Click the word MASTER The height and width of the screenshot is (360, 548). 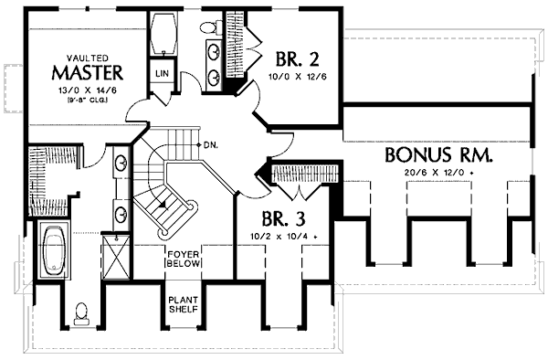click(x=87, y=70)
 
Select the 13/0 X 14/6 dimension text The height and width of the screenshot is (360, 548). click(x=88, y=89)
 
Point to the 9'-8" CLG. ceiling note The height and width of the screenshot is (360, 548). click(x=88, y=100)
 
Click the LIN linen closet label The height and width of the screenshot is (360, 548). click(x=163, y=72)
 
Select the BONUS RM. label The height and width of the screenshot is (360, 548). click(x=439, y=154)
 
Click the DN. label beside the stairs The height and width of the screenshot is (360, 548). click(x=209, y=143)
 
